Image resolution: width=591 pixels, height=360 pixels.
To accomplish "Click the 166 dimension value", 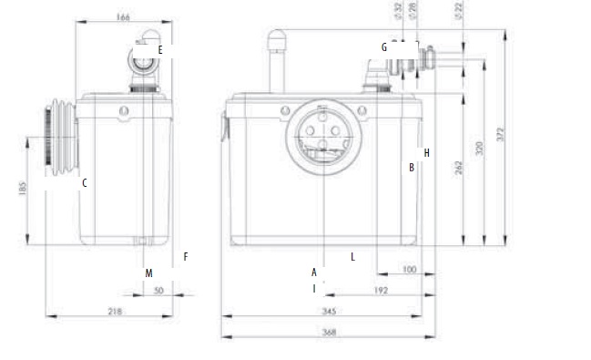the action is (123, 17).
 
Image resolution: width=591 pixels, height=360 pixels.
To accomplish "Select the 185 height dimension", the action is (23, 189).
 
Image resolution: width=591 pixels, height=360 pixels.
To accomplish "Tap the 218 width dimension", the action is (115, 312).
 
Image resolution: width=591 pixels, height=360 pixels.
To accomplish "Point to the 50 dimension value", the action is (158, 291).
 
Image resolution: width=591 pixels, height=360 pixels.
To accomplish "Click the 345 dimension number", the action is (329, 312).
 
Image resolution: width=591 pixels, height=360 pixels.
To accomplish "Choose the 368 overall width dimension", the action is (329, 332).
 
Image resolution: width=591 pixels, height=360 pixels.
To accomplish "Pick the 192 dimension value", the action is (381, 291).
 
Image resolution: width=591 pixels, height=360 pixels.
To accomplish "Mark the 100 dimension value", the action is (409, 270).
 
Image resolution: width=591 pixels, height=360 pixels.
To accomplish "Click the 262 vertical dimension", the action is (458, 168).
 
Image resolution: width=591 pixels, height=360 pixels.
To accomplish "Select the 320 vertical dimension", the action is (479, 149).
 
